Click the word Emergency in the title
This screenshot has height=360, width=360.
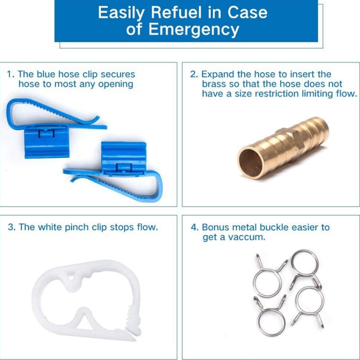[194, 30]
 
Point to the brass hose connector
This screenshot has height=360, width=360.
[283, 149]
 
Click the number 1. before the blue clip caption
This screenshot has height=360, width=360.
[11, 74]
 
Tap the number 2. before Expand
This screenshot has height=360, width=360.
[194, 74]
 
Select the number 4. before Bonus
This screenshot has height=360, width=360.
[194, 227]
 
